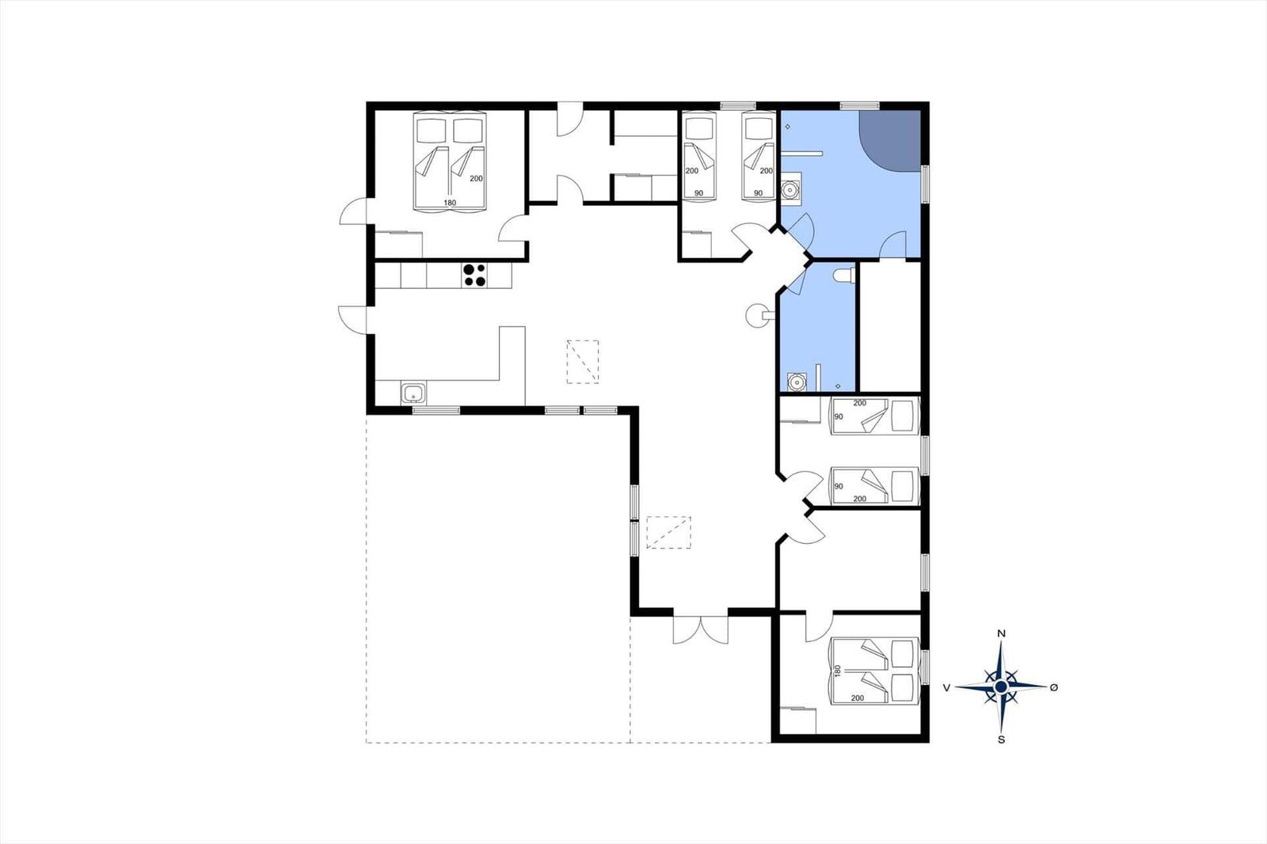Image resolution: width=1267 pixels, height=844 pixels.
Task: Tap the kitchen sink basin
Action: [x=413, y=392]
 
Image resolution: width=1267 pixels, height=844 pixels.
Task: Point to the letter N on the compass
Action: [x=1001, y=634]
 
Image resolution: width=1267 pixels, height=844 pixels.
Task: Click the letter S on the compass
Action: [x=1001, y=740]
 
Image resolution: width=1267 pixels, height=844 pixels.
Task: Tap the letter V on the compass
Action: [x=946, y=687]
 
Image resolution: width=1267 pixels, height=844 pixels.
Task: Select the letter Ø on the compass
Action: [x=1054, y=687]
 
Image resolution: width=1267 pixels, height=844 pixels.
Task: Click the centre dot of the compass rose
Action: [x=1001, y=686]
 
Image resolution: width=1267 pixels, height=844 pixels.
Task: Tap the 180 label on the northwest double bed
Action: [x=450, y=203]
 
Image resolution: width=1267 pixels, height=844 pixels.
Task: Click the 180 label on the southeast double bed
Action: [x=839, y=671]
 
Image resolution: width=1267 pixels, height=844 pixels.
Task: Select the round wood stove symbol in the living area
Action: [x=756, y=314]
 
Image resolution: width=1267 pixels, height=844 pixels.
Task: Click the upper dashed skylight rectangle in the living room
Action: [x=583, y=362]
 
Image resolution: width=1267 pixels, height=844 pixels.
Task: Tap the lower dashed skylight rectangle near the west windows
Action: [x=668, y=532]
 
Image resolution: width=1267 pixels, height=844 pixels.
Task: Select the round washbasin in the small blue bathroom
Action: [x=797, y=382]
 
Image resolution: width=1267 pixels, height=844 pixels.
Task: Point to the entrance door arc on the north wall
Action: [x=570, y=119]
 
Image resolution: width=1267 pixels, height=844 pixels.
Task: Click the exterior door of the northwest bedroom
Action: [x=353, y=211]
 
